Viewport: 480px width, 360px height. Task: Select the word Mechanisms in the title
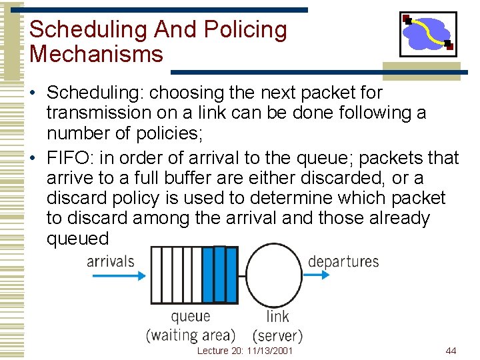[x=96, y=54]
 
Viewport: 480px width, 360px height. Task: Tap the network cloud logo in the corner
[x=428, y=34]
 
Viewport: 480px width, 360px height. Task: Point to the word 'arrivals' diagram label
[x=111, y=261]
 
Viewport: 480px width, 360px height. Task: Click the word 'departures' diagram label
[x=343, y=261]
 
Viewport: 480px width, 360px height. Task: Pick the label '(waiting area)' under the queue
[x=191, y=335]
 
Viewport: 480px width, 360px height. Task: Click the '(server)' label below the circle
[x=278, y=335]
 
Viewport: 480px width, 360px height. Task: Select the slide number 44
[x=451, y=351]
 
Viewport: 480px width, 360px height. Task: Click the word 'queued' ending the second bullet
[x=77, y=238]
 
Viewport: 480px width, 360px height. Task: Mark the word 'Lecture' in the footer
[x=213, y=351]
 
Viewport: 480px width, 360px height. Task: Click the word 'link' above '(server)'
[x=277, y=317]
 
